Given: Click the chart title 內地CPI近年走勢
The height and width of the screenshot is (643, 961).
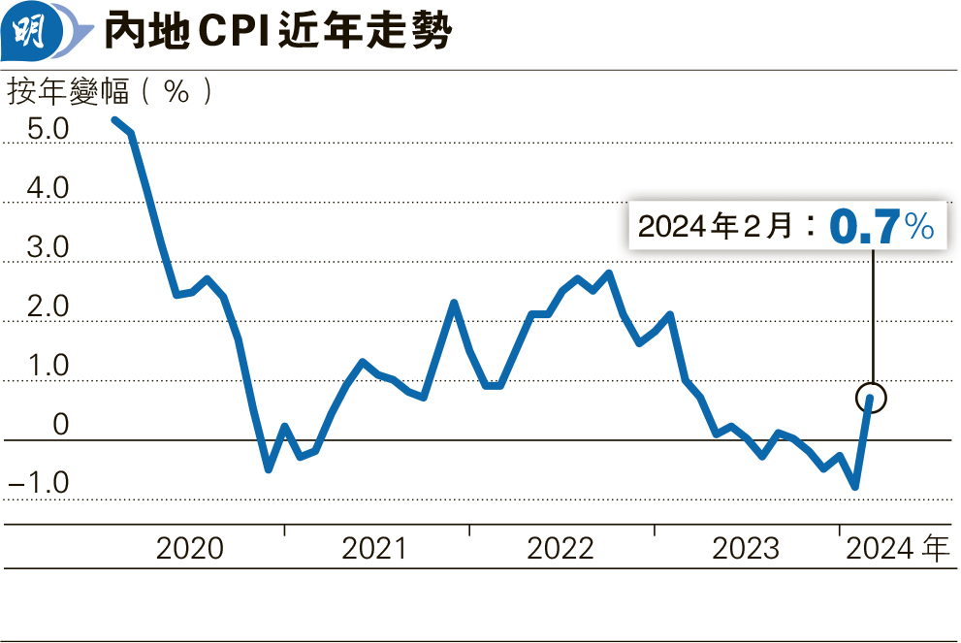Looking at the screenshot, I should pyautogui.click(x=277, y=34).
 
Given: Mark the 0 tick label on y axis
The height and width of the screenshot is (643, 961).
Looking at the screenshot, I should pyautogui.click(x=61, y=426).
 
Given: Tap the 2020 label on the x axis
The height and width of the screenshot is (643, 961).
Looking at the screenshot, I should pyautogui.click(x=190, y=549).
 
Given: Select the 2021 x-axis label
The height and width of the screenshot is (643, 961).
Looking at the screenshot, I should pyautogui.click(x=374, y=549).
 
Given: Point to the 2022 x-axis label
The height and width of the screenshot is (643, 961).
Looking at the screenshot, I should pyautogui.click(x=560, y=549).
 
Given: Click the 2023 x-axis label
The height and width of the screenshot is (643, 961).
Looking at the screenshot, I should pyautogui.click(x=746, y=549).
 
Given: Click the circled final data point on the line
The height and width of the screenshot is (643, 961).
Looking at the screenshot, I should pyautogui.click(x=871, y=398).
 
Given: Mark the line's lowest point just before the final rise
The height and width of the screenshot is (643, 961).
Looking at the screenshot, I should pyautogui.click(x=855, y=487).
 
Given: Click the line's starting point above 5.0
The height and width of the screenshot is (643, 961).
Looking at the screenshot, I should pyautogui.click(x=114, y=119).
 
